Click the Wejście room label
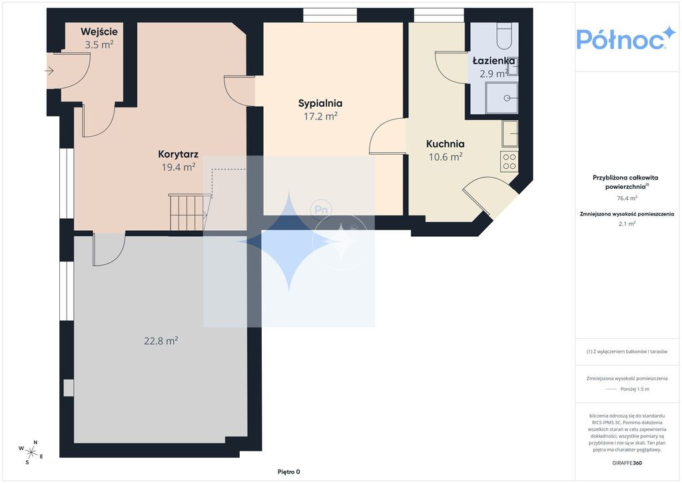pyautogui.click(x=99, y=32)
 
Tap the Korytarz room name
pyautogui.click(x=178, y=154)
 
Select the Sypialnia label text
pyautogui.click(x=320, y=103)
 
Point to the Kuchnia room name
pyautogui.click(x=446, y=143)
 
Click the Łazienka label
pyautogui.click(x=494, y=61)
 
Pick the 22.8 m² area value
pyautogui.click(x=161, y=341)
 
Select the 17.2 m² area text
pyautogui.click(x=320, y=116)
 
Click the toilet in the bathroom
pyautogui.click(x=506, y=36)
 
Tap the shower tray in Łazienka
pyautogui.click(x=502, y=98)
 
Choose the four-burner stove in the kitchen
pyautogui.click(x=509, y=161)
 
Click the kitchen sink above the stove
pyautogui.click(x=510, y=133)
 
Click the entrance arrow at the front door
pyautogui.click(x=49, y=71)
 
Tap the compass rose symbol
pyautogui.click(x=31, y=452)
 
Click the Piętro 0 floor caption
pyautogui.click(x=289, y=472)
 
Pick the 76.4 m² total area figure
pyautogui.click(x=627, y=198)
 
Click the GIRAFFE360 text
pyautogui.click(x=627, y=463)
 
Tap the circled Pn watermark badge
pyautogui.click(x=321, y=210)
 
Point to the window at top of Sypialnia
pyautogui.click(x=330, y=15)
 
